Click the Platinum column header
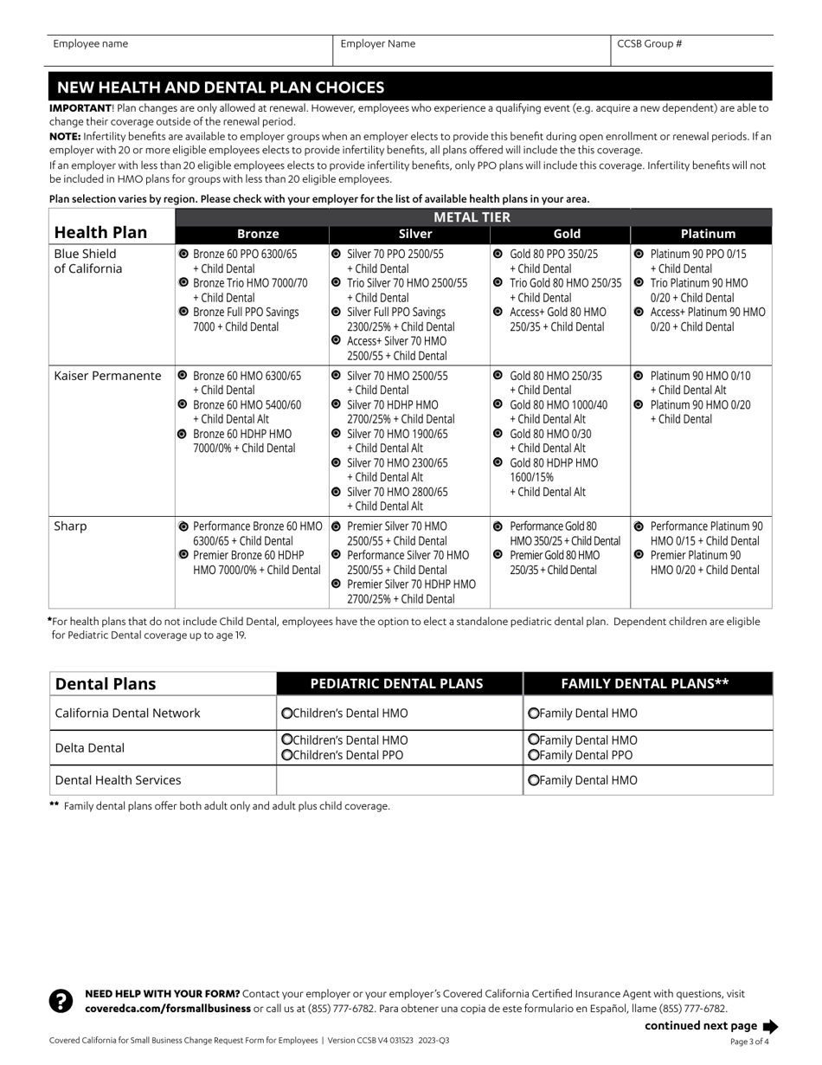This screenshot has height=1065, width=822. [708, 234]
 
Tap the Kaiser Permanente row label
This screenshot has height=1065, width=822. [107, 376]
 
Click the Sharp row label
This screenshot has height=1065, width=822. [70, 526]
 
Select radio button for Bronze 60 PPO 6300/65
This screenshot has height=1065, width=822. [183, 255]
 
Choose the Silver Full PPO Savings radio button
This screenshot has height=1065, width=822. [336, 312]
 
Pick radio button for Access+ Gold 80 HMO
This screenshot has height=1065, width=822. [498, 312]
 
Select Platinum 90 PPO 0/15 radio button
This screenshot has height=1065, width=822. [639, 255]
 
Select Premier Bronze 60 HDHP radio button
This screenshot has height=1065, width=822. [183, 555]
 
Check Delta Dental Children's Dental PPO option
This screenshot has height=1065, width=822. [286, 755]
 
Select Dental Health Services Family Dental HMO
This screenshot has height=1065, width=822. [533, 780]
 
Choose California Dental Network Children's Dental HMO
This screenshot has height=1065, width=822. [286, 713]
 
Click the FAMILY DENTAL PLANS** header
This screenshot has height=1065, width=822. [645, 683]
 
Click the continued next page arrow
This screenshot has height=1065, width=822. [770, 1026]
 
